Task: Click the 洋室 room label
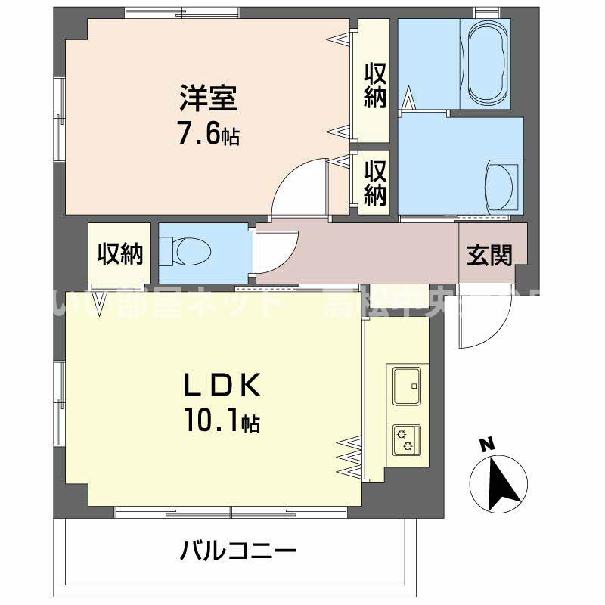click(x=208, y=98)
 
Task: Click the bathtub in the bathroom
click(x=490, y=64)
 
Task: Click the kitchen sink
click(x=407, y=386)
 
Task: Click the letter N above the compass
click(x=488, y=445)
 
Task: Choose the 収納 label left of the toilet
click(x=119, y=255)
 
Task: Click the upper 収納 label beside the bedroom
click(x=375, y=85)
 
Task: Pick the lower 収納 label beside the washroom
click(x=375, y=182)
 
